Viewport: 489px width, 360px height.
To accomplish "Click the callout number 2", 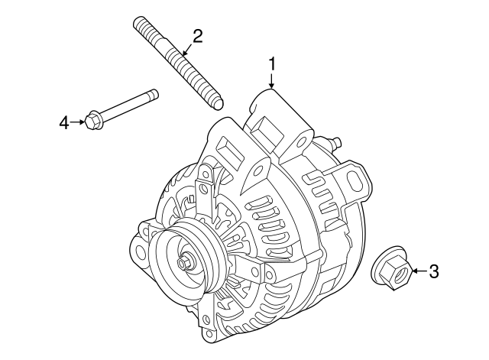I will (197, 35).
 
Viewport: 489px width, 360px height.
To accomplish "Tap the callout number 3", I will (433, 271).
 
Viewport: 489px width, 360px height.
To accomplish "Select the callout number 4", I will (65, 121).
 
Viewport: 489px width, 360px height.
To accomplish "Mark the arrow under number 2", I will (186, 50).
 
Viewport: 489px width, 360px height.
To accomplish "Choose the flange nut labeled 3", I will (391, 270).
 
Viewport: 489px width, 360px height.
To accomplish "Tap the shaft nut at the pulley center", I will (184, 264).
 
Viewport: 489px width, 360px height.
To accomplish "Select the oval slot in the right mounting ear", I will (355, 180).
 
